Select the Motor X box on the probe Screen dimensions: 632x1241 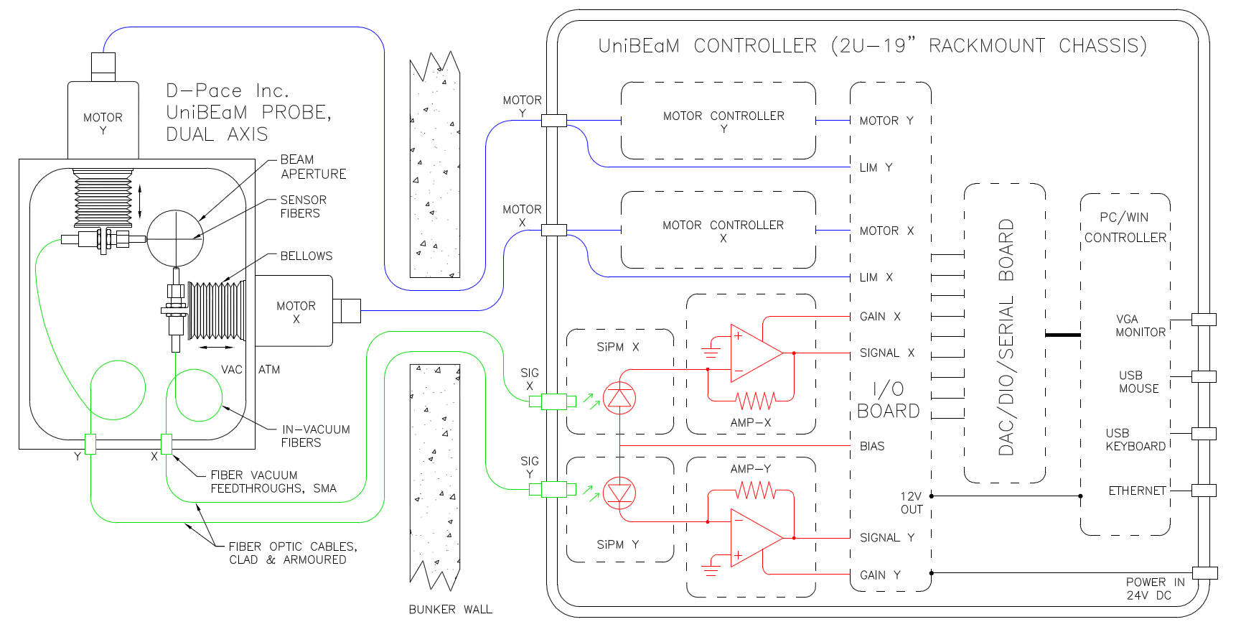coord(296,312)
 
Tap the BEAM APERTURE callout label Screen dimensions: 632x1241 coord(313,167)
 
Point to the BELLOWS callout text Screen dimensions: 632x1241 coord(306,256)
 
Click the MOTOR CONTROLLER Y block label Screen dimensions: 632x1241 coord(723,121)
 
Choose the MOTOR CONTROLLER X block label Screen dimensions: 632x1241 coord(723,231)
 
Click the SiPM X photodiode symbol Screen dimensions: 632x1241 coord(619,398)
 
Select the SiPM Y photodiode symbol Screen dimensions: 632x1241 coord(619,493)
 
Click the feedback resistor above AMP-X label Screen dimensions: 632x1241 coord(755,400)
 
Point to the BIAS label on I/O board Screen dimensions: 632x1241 coord(872,446)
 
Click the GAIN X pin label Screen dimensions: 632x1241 coord(880,316)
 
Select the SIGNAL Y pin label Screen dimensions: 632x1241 coord(887,537)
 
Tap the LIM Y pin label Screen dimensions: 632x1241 coord(876,167)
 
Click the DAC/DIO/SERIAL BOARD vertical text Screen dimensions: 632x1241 coord(1006,338)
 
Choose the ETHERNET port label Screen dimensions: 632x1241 coord(1137,491)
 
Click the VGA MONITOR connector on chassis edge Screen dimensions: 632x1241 coord(1204,319)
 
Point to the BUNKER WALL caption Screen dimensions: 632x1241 coord(450,609)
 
